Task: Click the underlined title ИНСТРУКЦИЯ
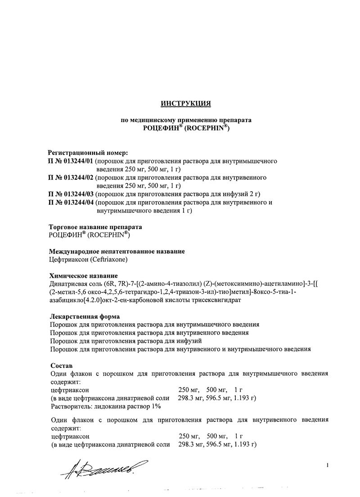pyautogui.click(x=186, y=104)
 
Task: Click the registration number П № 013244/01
pyautogui.click(x=71, y=161)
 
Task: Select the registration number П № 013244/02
pyautogui.click(x=71, y=177)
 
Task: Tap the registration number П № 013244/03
pyautogui.click(x=71, y=194)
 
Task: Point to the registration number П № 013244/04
pyautogui.click(x=71, y=203)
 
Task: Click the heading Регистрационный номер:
pyautogui.click(x=88, y=153)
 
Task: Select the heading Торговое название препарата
pyautogui.click(x=98, y=227)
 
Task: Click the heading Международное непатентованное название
pyautogui.click(x=116, y=251)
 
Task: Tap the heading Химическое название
pyautogui.click(x=83, y=276)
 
